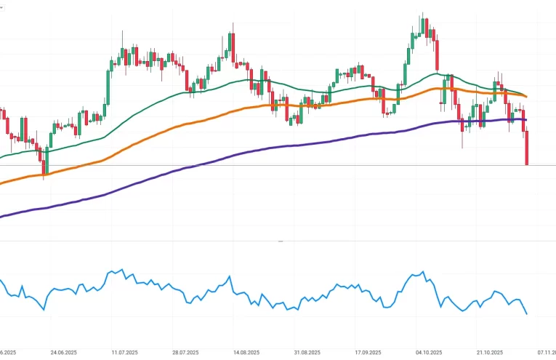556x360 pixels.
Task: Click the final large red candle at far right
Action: [526, 148]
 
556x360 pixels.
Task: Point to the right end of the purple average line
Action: [525, 120]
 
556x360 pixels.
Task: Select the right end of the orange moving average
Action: [525, 96]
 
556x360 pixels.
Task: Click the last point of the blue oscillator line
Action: [526, 314]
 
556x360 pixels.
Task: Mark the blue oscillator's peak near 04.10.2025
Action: [422, 273]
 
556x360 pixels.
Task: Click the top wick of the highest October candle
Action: [422, 15]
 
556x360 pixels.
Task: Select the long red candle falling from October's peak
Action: [437, 55]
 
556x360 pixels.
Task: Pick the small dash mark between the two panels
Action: [281, 241]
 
